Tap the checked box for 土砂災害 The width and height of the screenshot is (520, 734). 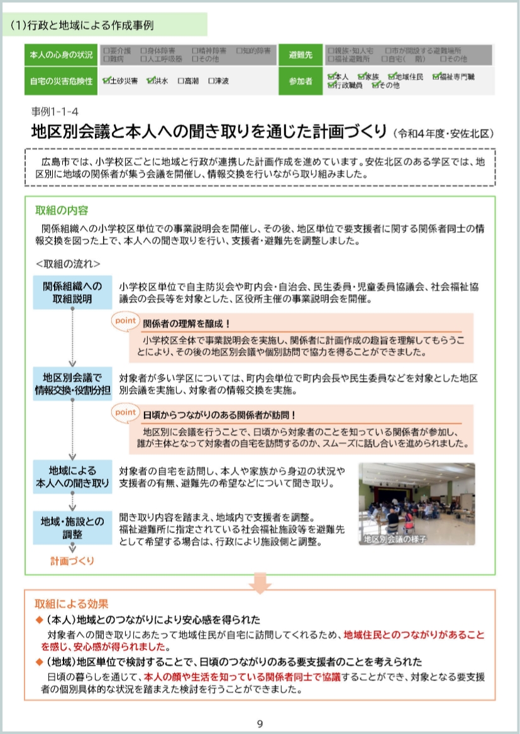(x=108, y=81)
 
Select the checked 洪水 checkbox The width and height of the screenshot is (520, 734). (x=150, y=81)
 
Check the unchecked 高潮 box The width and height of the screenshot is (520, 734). (x=181, y=81)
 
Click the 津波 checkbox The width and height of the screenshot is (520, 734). (x=211, y=81)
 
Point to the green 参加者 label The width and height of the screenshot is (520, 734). (x=300, y=81)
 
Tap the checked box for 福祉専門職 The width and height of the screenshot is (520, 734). (x=435, y=77)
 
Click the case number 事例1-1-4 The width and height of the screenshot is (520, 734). (x=55, y=112)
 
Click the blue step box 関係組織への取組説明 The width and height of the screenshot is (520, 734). (x=72, y=292)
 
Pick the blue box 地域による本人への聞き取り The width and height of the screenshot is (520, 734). (x=72, y=476)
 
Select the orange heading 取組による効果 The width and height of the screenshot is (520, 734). (x=71, y=604)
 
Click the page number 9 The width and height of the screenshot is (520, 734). (x=260, y=724)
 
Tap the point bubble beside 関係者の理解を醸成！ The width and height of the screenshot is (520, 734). (x=125, y=320)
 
